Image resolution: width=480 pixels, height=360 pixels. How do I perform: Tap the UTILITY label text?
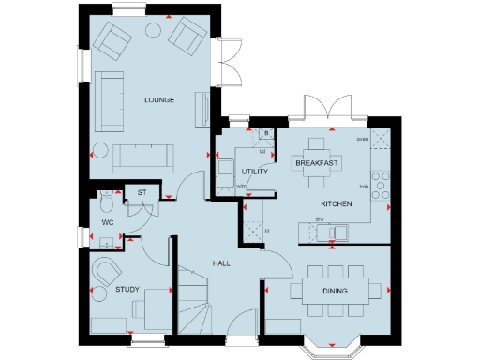tap(255, 172)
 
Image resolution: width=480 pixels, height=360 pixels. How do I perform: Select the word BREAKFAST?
tap(316, 163)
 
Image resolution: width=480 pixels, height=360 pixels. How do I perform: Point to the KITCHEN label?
tap(337, 203)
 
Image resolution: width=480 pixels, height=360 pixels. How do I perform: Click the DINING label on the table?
tap(335, 292)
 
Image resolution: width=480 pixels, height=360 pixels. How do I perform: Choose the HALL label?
tap(220, 262)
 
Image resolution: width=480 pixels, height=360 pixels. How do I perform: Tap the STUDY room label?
tap(127, 290)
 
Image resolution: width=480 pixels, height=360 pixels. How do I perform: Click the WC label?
tap(108, 222)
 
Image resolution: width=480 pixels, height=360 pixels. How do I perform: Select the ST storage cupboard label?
tap(142, 193)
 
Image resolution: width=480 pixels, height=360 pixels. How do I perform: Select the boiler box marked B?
tap(266, 134)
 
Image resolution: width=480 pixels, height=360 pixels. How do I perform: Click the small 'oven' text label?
tap(362, 140)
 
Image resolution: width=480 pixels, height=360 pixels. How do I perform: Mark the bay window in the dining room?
tap(330, 347)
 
